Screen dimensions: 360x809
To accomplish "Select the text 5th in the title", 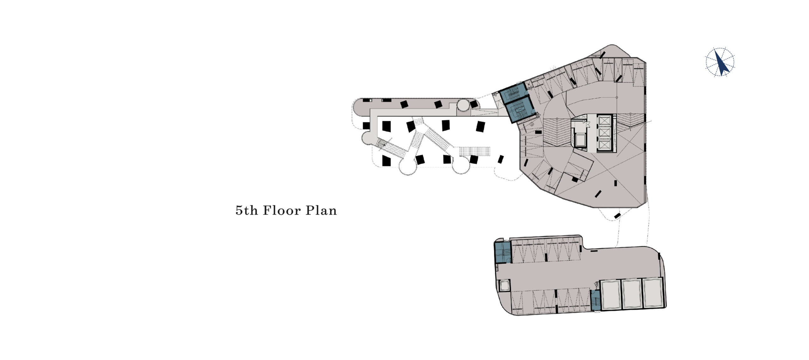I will click(x=247, y=211).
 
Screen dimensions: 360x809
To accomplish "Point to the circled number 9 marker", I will click(x=532, y=125).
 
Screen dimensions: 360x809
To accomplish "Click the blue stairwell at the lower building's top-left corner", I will click(x=502, y=253).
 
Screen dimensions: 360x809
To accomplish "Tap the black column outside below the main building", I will click(x=617, y=216).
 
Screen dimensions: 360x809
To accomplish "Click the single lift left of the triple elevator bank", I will click(x=579, y=139).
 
